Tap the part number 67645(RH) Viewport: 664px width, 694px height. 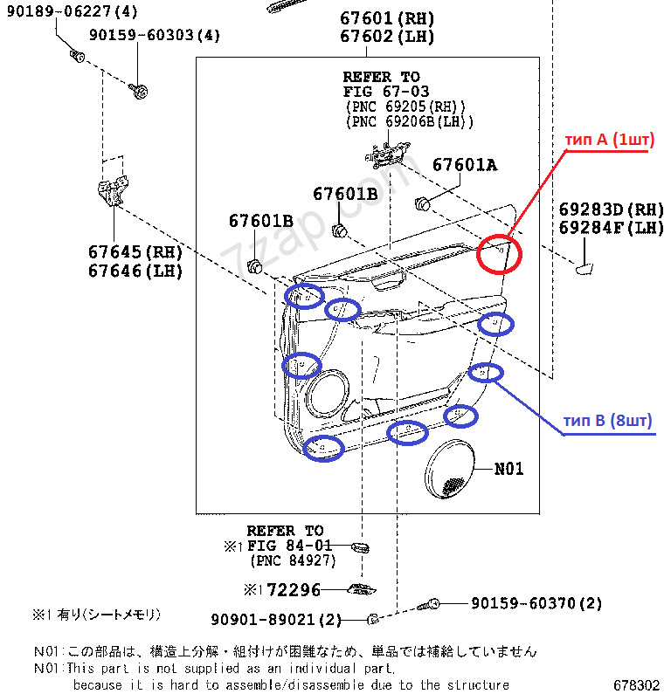(135, 251)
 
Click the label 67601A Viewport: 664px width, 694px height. (464, 165)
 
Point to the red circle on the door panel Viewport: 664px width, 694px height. (499, 254)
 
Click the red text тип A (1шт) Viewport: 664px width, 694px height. (606, 141)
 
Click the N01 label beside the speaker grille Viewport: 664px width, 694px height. (508, 469)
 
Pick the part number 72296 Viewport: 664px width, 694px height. (294, 590)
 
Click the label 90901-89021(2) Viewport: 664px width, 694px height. (276, 620)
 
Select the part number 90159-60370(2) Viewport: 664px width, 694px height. (536, 603)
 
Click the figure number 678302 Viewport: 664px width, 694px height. (635, 685)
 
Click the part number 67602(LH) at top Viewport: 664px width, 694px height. (388, 37)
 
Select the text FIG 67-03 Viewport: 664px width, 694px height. (381, 91)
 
